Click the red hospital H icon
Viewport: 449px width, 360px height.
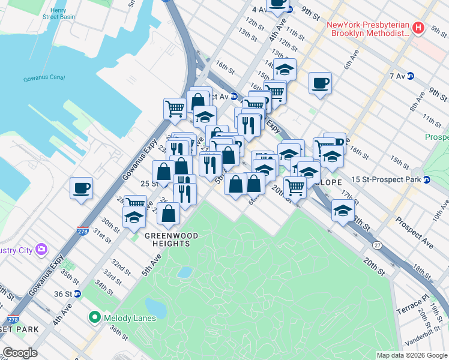click(x=420, y=28)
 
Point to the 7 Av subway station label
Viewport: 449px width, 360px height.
click(x=397, y=76)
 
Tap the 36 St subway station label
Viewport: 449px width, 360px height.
click(x=63, y=294)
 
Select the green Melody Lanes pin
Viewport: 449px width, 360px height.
click(x=94, y=317)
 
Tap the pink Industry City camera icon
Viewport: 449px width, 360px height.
click(x=41, y=249)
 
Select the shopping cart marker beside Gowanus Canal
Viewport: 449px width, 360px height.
click(x=175, y=109)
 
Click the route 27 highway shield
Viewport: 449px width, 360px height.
click(x=377, y=245)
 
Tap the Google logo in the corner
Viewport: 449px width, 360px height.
click(x=20, y=353)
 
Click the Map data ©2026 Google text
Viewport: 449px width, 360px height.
click(x=411, y=355)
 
